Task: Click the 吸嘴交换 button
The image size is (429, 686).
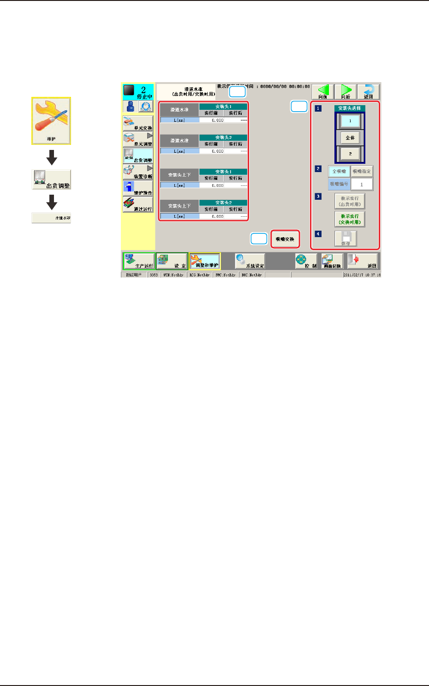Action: [x=285, y=239]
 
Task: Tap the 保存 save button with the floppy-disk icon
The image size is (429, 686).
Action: [x=346, y=239]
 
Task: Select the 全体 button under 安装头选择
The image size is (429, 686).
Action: [x=350, y=137]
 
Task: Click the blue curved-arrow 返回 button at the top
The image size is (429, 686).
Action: [x=368, y=91]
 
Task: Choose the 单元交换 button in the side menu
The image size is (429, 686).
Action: [x=138, y=123]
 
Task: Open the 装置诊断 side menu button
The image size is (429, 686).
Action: [x=138, y=172]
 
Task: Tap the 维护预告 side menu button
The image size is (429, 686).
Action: [x=138, y=188]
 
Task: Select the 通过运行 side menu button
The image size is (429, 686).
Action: [x=138, y=204]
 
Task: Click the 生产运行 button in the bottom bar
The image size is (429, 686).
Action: [x=139, y=262]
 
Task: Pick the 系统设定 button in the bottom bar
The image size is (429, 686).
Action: [x=250, y=262]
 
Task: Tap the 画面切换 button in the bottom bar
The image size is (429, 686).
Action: [x=332, y=262]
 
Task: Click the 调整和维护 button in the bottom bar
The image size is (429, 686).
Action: [x=205, y=262]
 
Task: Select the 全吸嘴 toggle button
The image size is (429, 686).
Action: [x=339, y=171]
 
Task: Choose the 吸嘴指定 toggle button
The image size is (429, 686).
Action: [x=362, y=171]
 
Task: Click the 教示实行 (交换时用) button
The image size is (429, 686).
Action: [x=350, y=219]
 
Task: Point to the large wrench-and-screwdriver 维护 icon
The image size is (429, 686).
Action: [x=51, y=120]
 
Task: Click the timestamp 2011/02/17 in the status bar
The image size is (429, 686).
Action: [x=362, y=275]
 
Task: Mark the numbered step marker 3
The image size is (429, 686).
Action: [x=318, y=196]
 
